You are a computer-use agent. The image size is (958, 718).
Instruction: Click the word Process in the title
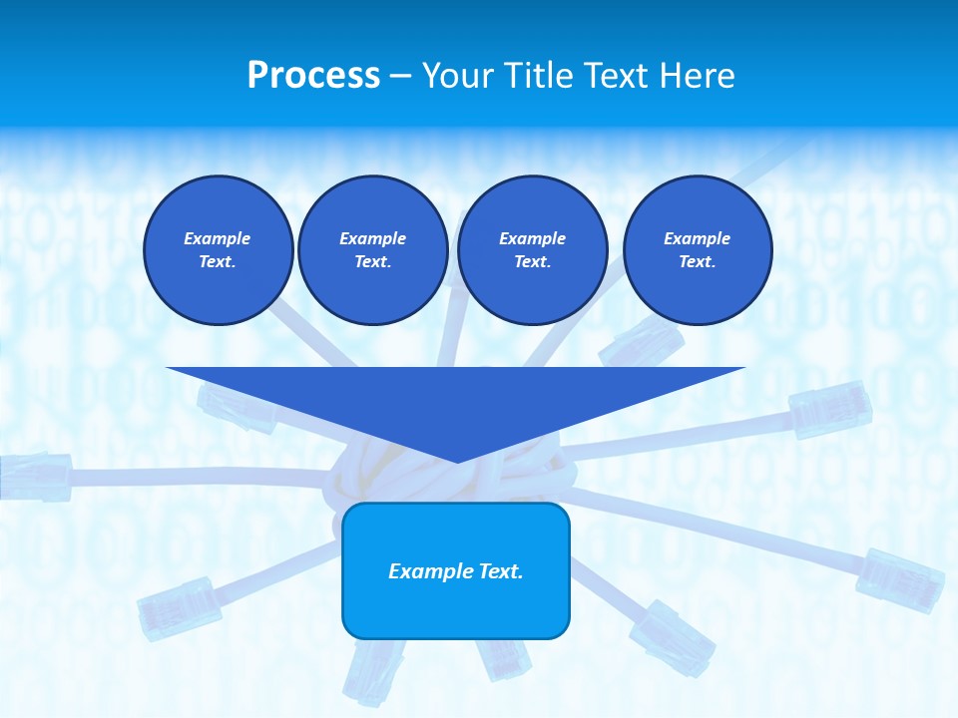point(313,75)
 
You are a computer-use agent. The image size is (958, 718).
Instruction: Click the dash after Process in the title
point(400,76)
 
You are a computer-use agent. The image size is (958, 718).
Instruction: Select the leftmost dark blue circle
point(218,250)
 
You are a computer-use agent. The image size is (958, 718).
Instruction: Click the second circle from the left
point(372,250)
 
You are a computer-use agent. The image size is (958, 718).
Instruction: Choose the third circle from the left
point(532,250)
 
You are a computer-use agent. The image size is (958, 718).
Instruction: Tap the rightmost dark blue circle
point(697,250)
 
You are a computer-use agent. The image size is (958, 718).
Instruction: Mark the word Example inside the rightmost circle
point(697,238)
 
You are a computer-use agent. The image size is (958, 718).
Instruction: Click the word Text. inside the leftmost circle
point(218,262)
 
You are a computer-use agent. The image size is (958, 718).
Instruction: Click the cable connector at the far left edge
point(35,476)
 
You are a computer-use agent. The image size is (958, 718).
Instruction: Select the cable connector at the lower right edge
point(900,578)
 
